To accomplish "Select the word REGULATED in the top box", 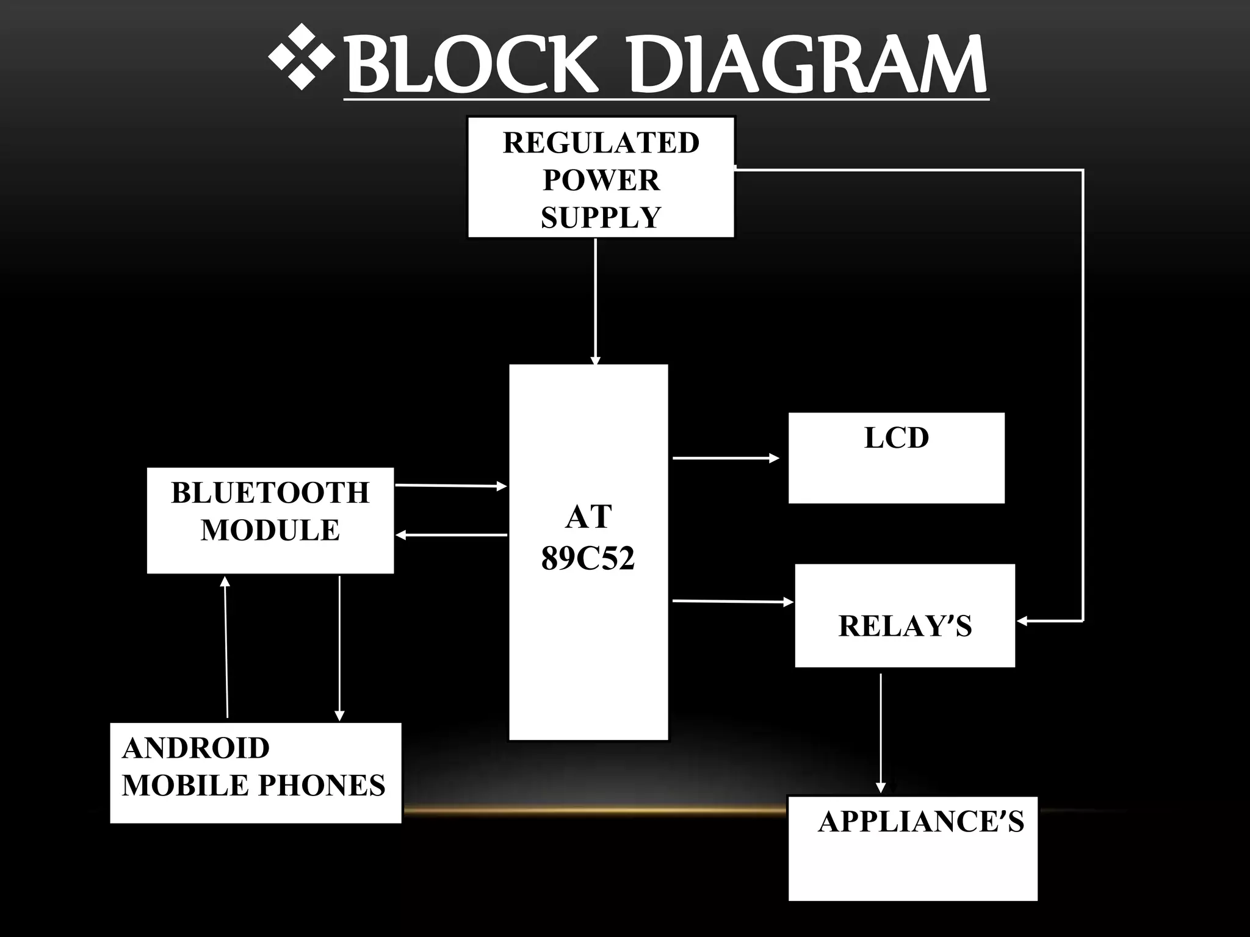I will [x=601, y=143].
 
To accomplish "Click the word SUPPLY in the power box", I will [x=601, y=218].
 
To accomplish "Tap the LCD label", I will [x=896, y=438].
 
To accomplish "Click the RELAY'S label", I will [x=905, y=626].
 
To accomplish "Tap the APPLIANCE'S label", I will [x=920, y=822].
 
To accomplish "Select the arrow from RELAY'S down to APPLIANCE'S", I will [x=880, y=732].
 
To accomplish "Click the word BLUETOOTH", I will [x=270, y=493].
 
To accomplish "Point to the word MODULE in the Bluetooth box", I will [x=270, y=530].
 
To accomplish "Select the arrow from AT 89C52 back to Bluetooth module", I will [x=452, y=535].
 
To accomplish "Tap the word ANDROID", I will [x=196, y=749].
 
